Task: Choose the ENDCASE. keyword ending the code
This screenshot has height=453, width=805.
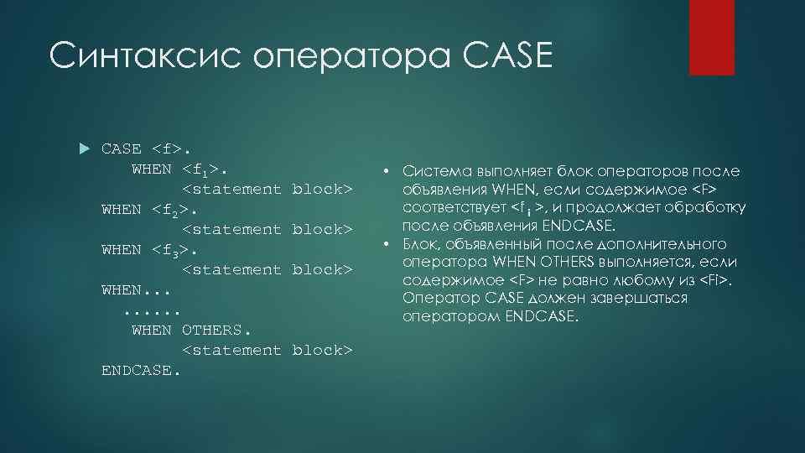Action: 140,370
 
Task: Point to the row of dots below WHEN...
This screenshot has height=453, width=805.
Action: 150,311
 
